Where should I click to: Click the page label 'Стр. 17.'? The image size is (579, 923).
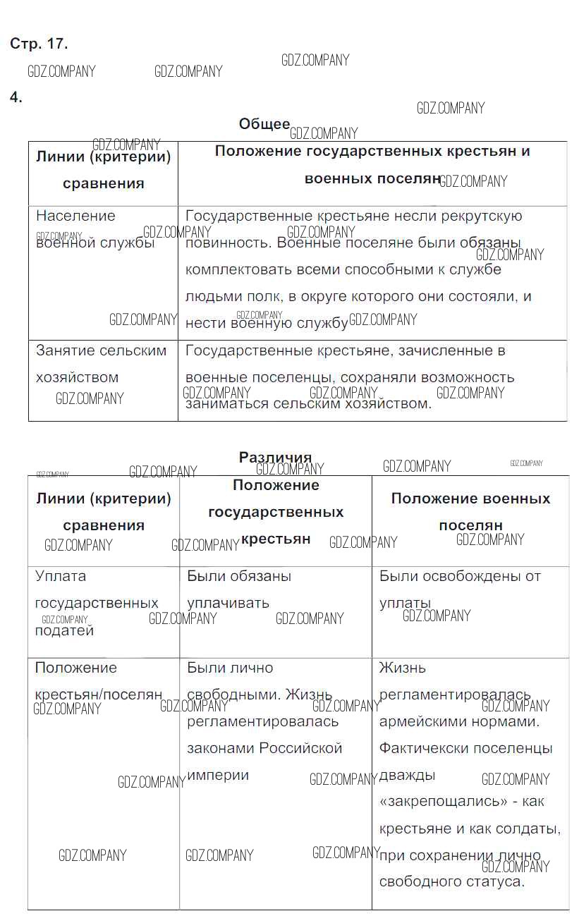click(x=39, y=44)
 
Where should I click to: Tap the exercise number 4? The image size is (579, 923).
click(x=16, y=98)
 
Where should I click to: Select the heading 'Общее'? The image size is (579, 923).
click(x=264, y=124)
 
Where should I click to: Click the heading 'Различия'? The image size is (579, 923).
click(x=275, y=458)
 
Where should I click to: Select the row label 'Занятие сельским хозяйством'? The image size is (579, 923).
click(x=101, y=364)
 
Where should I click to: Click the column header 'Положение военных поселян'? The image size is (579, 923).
click(x=470, y=512)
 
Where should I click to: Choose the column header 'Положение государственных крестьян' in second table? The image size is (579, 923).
click(x=276, y=512)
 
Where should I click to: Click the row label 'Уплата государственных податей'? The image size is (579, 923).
click(x=96, y=603)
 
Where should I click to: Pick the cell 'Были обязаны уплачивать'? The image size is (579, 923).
click(x=238, y=589)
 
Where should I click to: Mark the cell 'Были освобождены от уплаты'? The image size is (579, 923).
click(x=460, y=589)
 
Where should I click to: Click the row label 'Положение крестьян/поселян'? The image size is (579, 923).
click(x=98, y=681)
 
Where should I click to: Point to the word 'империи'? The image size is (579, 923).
click(x=218, y=775)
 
